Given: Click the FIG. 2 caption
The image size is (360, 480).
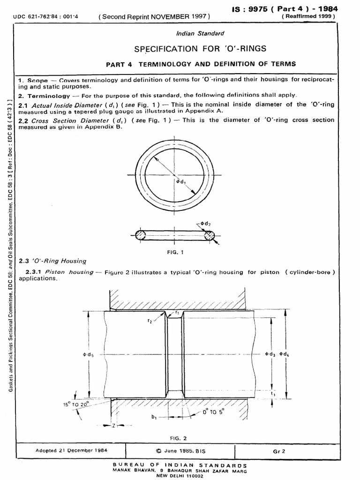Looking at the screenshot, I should (x=178, y=438).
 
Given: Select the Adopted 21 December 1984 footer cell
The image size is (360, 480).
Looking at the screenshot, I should (x=71, y=450).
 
